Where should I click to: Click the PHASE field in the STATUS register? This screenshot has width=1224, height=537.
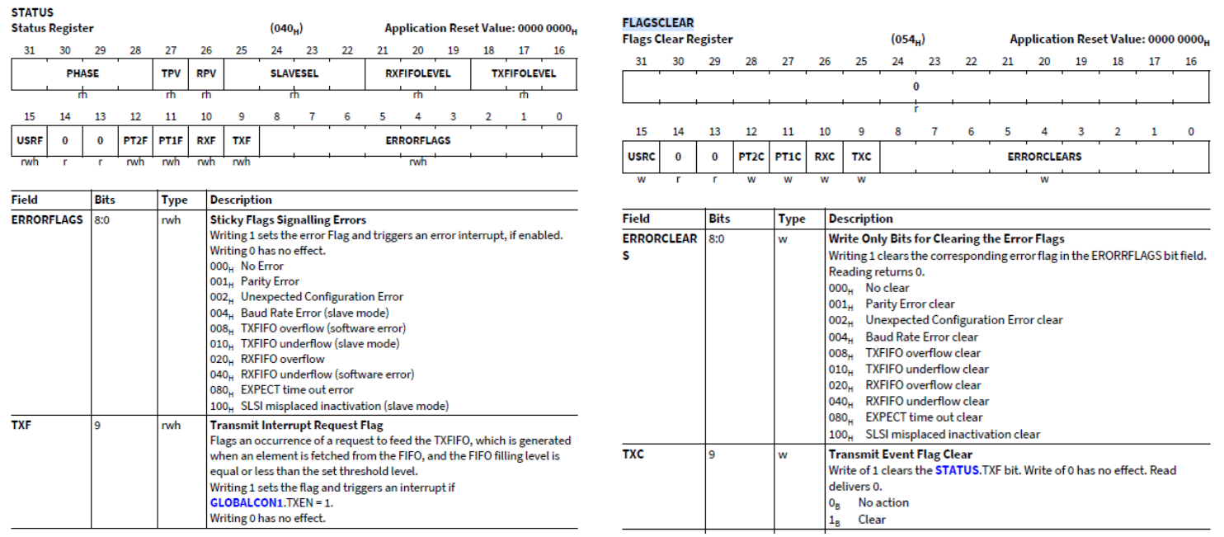pyautogui.click(x=82, y=73)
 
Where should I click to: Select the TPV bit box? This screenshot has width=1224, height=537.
pyautogui.click(x=171, y=73)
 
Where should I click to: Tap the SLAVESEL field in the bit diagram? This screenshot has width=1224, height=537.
pyautogui.click(x=294, y=73)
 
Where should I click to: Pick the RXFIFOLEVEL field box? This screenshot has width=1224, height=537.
pyautogui.click(x=417, y=73)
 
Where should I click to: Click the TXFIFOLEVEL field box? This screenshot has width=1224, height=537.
pyautogui.click(x=523, y=73)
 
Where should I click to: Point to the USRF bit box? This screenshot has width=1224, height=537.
pyautogui.click(x=29, y=140)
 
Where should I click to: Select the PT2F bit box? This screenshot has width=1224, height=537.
pyautogui.click(x=135, y=140)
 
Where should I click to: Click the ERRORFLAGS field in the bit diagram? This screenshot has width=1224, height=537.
pyautogui.click(x=417, y=140)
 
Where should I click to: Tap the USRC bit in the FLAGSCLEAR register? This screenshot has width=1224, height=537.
pyautogui.click(x=640, y=157)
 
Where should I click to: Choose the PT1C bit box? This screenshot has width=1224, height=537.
pyautogui.click(x=788, y=157)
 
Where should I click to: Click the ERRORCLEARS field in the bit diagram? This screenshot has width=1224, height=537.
pyautogui.click(x=1043, y=157)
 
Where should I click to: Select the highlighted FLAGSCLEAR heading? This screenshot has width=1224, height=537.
pyautogui.click(x=657, y=23)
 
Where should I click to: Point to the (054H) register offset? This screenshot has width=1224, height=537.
pyautogui.click(x=907, y=40)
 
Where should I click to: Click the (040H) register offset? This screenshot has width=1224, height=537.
pyautogui.click(x=285, y=29)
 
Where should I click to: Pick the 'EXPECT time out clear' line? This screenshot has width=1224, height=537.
pyautogui.click(x=924, y=417)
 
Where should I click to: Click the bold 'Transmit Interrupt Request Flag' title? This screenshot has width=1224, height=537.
pyautogui.click(x=296, y=426)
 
